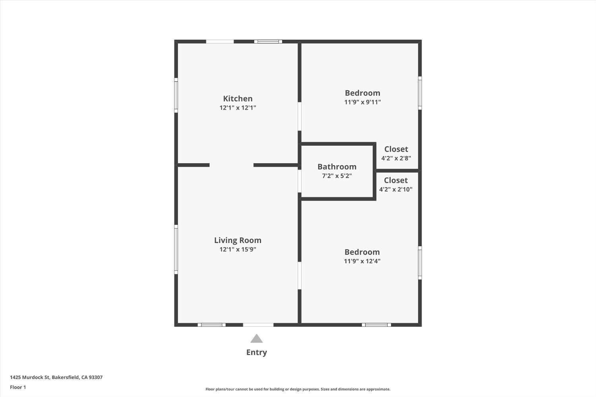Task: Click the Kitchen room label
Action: pyautogui.click(x=238, y=98)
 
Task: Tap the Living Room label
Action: pyautogui.click(x=238, y=240)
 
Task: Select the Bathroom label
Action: pyautogui.click(x=337, y=167)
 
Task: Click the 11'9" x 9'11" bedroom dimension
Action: pyautogui.click(x=362, y=102)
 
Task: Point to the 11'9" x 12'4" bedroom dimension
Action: pyautogui.click(x=362, y=261)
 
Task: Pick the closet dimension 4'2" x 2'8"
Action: pyautogui.click(x=396, y=158)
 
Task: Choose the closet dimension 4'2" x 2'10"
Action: pyautogui.click(x=396, y=189)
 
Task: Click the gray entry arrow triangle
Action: pyautogui.click(x=257, y=339)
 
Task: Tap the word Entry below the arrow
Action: pyautogui.click(x=257, y=352)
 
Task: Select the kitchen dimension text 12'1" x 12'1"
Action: pyautogui.click(x=238, y=108)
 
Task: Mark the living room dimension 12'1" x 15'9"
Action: pyautogui.click(x=238, y=249)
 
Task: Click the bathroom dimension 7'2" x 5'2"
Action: pyautogui.click(x=337, y=176)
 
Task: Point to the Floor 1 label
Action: pyautogui.click(x=18, y=387)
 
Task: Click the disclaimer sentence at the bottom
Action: pyautogui.click(x=298, y=389)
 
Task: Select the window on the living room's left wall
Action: pyautogui.click(x=176, y=249)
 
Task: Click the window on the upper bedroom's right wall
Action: pyautogui.click(x=420, y=93)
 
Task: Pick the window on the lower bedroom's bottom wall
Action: pyautogui.click(x=376, y=325)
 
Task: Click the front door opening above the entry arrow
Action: pyautogui.click(x=258, y=325)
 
